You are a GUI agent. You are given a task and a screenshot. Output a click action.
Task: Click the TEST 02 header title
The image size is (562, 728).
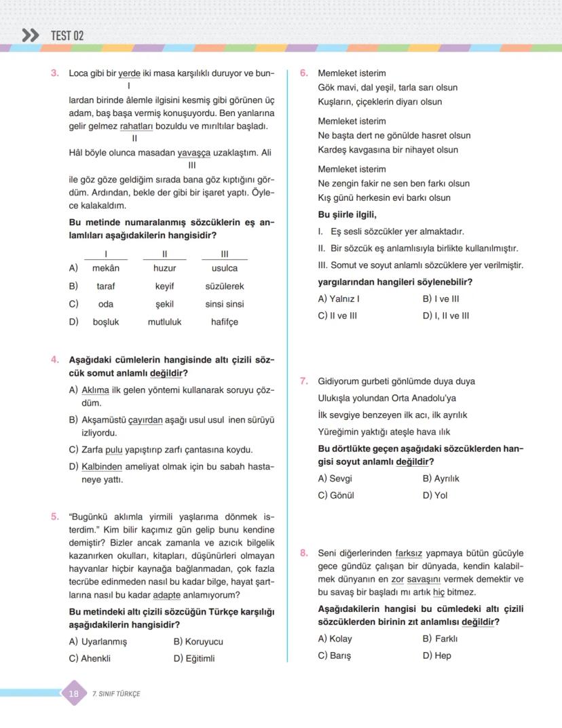pos(67,35)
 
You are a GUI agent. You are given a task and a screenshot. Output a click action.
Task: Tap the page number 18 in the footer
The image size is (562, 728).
pos(74,693)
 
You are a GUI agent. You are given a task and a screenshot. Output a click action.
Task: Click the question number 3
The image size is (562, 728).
pos(55,73)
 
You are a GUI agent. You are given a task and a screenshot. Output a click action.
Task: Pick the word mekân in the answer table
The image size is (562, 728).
pos(106,268)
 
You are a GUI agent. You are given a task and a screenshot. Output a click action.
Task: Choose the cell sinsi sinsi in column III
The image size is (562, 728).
pos(225,304)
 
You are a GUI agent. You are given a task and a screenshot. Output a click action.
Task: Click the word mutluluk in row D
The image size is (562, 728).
pos(164,322)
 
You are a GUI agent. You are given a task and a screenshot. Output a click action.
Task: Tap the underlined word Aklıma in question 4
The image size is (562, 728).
pos(95,389)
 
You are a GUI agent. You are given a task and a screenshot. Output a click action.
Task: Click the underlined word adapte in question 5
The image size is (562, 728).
pos(166,595)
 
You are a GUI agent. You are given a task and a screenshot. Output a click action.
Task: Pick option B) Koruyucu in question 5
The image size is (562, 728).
pos(198,641)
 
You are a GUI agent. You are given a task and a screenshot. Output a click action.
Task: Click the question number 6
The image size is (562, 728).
pos(304,73)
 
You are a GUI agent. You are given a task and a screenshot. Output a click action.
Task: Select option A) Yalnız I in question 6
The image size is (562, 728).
pos(339,299)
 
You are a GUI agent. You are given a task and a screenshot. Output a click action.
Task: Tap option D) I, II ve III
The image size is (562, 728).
pos(445,315)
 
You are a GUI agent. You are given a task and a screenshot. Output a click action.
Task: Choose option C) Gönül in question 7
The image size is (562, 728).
pos(336,495)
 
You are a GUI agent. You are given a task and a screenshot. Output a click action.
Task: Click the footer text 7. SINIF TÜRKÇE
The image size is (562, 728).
pos(116,693)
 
